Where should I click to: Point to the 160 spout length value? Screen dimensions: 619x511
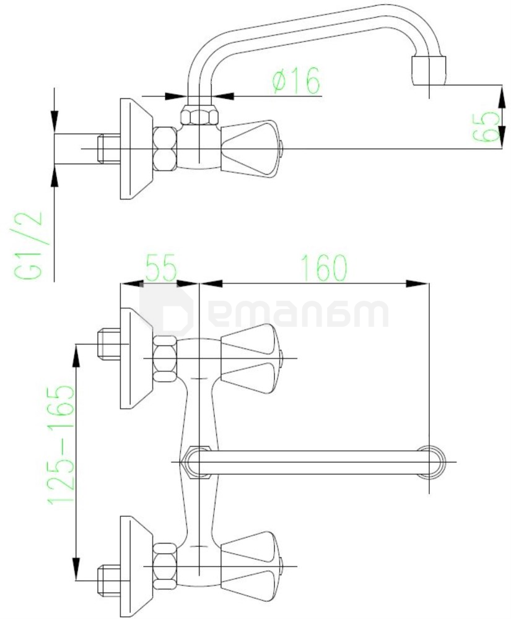324,267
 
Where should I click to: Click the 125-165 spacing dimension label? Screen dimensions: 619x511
61,446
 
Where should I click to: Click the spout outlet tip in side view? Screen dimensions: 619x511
429,69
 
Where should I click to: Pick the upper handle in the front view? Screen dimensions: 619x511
251,358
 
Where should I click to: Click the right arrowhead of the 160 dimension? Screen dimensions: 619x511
422,284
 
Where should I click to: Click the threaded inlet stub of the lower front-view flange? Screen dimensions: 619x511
108,576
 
